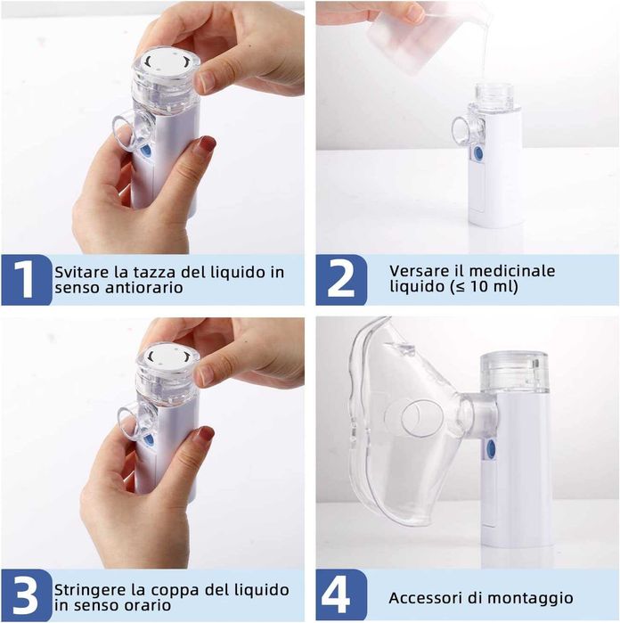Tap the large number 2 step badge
[341, 280]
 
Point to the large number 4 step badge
[341, 594]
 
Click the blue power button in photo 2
[478, 154]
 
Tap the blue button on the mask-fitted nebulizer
[492, 448]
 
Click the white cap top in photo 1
[167, 62]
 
